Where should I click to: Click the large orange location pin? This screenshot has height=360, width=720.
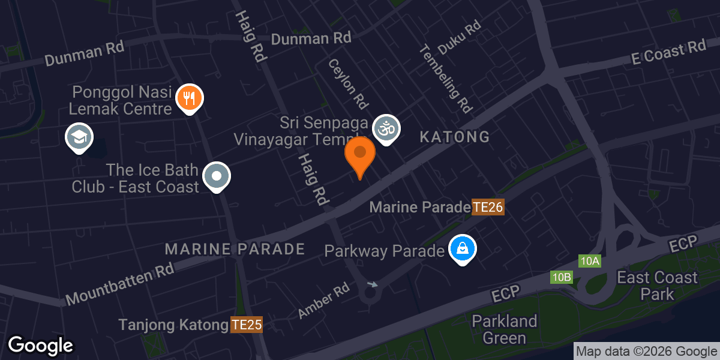(x=360, y=154)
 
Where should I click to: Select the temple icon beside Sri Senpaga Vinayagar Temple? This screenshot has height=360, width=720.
(x=386, y=128)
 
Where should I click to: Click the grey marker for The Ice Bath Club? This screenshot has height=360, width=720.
(x=217, y=176)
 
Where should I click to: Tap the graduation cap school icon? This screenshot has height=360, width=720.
(x=79, y=137)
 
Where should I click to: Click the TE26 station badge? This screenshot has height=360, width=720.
(x=487, y=208)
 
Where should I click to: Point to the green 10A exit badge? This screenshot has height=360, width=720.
(x=590, y=261)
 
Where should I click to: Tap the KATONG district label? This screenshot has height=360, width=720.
(x=454, y=137)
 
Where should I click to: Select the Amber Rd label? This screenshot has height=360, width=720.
(x=324, y=301)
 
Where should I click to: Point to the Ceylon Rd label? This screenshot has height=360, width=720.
(x=347, y=83)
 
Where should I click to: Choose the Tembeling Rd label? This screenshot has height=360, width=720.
(x=445, y=79)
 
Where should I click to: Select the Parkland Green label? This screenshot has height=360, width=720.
(x=504, y=329)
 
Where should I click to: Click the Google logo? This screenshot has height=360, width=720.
(x=40, y=346)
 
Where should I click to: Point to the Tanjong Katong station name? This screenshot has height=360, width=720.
(x=173, y=325)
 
